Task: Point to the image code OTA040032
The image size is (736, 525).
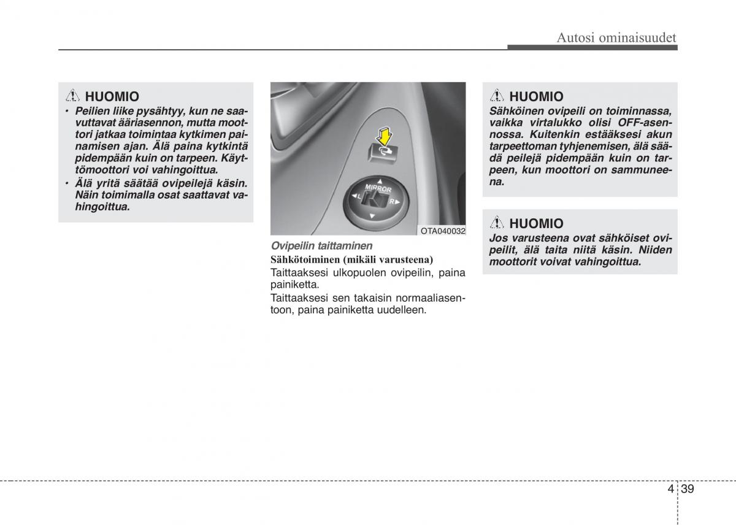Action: (443, 231)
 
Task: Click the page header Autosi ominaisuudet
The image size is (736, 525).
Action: (616, 38)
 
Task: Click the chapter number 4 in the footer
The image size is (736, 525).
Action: (670, 489)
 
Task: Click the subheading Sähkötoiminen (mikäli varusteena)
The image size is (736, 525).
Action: (351, 259)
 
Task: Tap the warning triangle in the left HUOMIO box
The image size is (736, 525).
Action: (72, 96)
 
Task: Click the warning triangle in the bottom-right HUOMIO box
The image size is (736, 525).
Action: (497, 223)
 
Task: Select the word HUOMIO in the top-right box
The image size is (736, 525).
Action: (536, 96)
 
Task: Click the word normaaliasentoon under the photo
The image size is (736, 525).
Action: (429, 298)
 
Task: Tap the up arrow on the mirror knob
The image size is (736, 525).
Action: (380, 181)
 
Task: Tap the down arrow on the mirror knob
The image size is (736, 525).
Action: (371, 215)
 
